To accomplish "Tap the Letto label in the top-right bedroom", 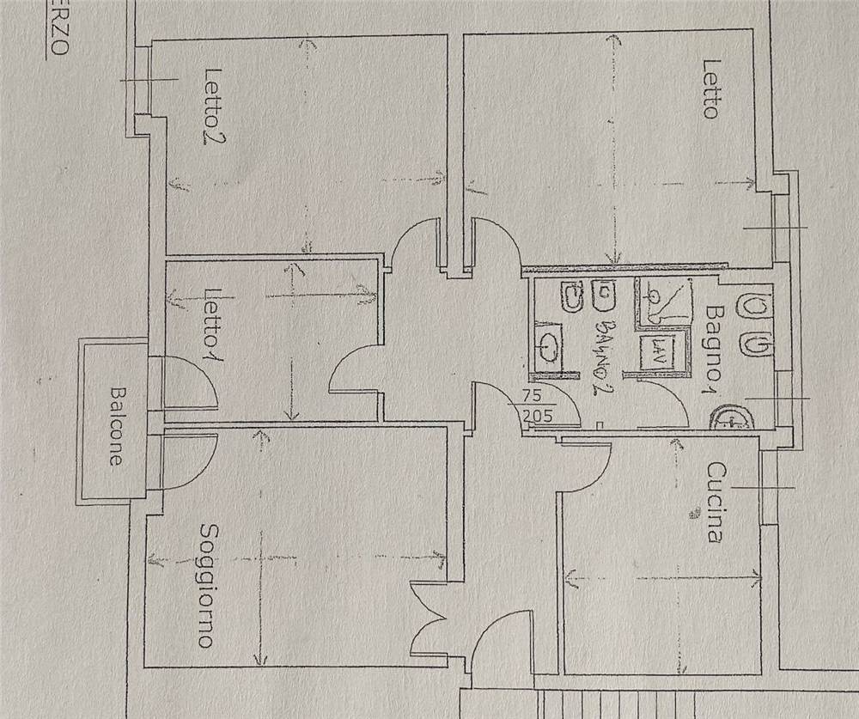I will [710, 88].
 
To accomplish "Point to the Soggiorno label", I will [206, 586].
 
